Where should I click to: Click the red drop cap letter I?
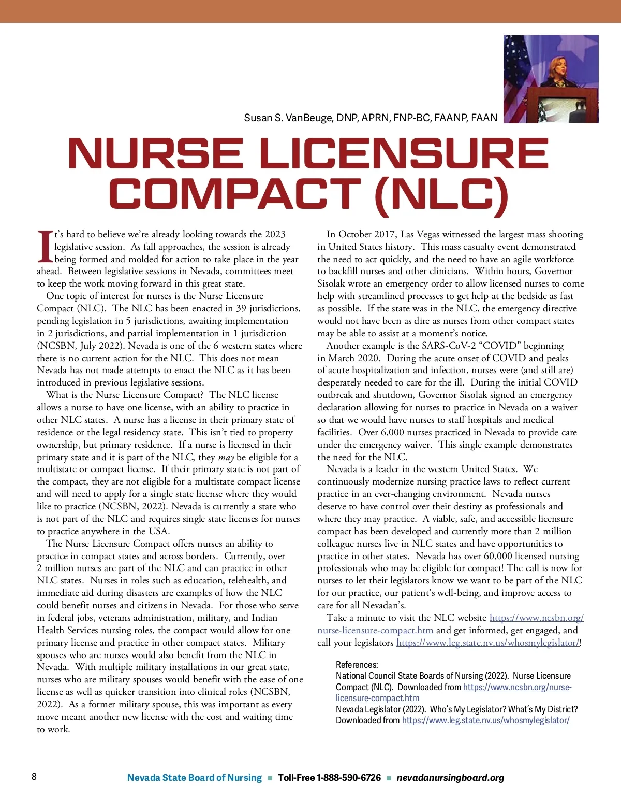pyautogui.click(x=45, y=247)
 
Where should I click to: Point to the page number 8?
pyautogui.click(x=34, y=777)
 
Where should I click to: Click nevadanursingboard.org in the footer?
pyautogui.click(x=450, y=778)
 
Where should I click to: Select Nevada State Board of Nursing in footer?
pyautogui.click(x=195, y=778)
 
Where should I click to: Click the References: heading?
pyautogui.click(x=357, y=665)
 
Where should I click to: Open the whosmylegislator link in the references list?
pyautogui.click(x=485, y=720)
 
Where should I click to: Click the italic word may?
pyautogui.click(x=226, y=457)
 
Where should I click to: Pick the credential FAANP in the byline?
pyautogui.click(x=449, y=118)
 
